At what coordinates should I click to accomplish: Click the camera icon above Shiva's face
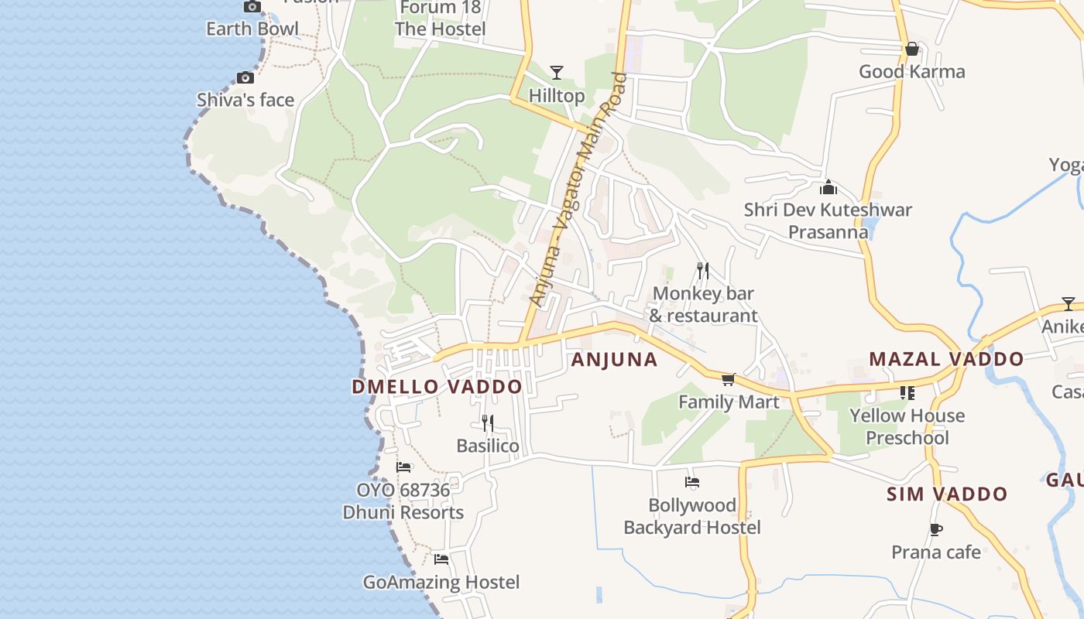(x=245, y=77)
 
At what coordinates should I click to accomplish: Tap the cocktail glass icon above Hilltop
(x=556, y=73)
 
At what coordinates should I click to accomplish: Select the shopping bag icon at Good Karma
(x=912, y=49)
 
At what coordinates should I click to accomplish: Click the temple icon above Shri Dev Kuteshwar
(x=828, y=187)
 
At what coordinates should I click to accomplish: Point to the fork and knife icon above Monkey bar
(x=702, y=270)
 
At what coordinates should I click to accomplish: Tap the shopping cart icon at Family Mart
(x=728, y=379)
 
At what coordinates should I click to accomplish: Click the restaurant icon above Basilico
(x=488, y=422)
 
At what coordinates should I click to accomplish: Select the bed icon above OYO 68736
(x=403, y=467)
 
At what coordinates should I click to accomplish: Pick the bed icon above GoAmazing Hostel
(x=441, y=559)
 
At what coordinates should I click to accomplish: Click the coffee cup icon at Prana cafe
(x=935, y=529)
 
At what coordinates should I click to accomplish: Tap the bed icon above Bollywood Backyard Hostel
(x=692, y=482)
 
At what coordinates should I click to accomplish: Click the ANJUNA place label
(x=614, y=360)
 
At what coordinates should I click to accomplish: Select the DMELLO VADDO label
(x=437, y=387)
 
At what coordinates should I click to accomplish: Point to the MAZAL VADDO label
(x=946, y=359)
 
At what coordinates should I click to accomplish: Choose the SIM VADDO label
(x=947, y=494)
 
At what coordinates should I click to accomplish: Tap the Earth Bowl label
(x=252, y=29)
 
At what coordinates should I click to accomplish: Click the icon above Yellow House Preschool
(x=907, y=393)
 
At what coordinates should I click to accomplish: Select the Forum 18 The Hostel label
(x=441, y=19)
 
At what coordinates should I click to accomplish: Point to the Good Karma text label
(x=912, y=72)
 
